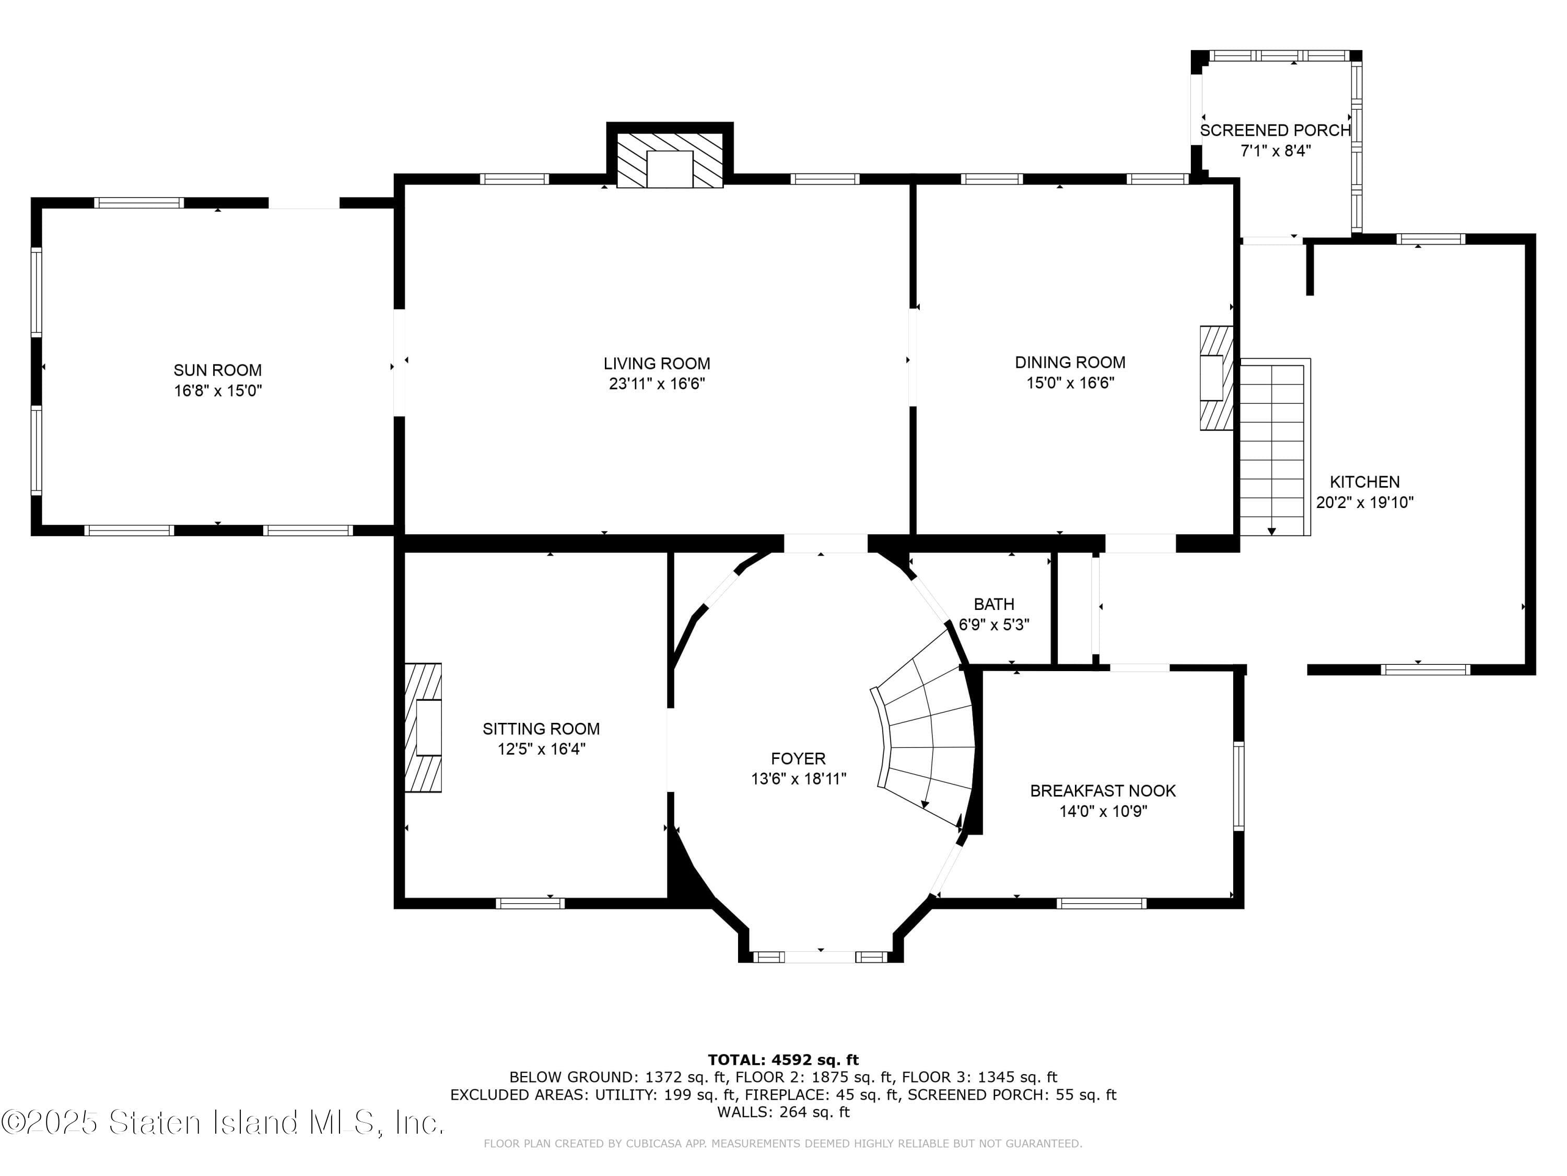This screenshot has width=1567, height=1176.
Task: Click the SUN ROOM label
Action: coord(217,370)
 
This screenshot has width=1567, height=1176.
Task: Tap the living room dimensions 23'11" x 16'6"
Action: coord(657,384)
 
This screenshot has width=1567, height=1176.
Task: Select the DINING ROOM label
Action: coord(1070,362)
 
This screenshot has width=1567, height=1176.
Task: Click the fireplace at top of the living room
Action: coord(670,161)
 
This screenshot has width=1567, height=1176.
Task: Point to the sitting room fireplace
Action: coord(424,728)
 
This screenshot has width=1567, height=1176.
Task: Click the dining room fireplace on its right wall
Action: coord(1215,378)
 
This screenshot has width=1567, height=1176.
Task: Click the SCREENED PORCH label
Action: coord(1275,131)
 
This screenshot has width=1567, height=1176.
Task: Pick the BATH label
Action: coord(994,604)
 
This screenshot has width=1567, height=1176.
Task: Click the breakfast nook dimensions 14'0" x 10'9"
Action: coord(1103,812)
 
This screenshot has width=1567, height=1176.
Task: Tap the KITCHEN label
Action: coord(1364,482)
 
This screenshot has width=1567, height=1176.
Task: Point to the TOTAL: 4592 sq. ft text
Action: coord(783,1060)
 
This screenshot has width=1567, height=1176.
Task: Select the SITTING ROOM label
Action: coord(541,729)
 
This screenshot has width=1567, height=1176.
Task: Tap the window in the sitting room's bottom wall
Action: coord(530,903)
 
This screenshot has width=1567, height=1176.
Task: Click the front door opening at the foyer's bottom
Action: coord(821,957)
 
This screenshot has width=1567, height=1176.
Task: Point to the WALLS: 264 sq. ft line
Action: coord(783,1112)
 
